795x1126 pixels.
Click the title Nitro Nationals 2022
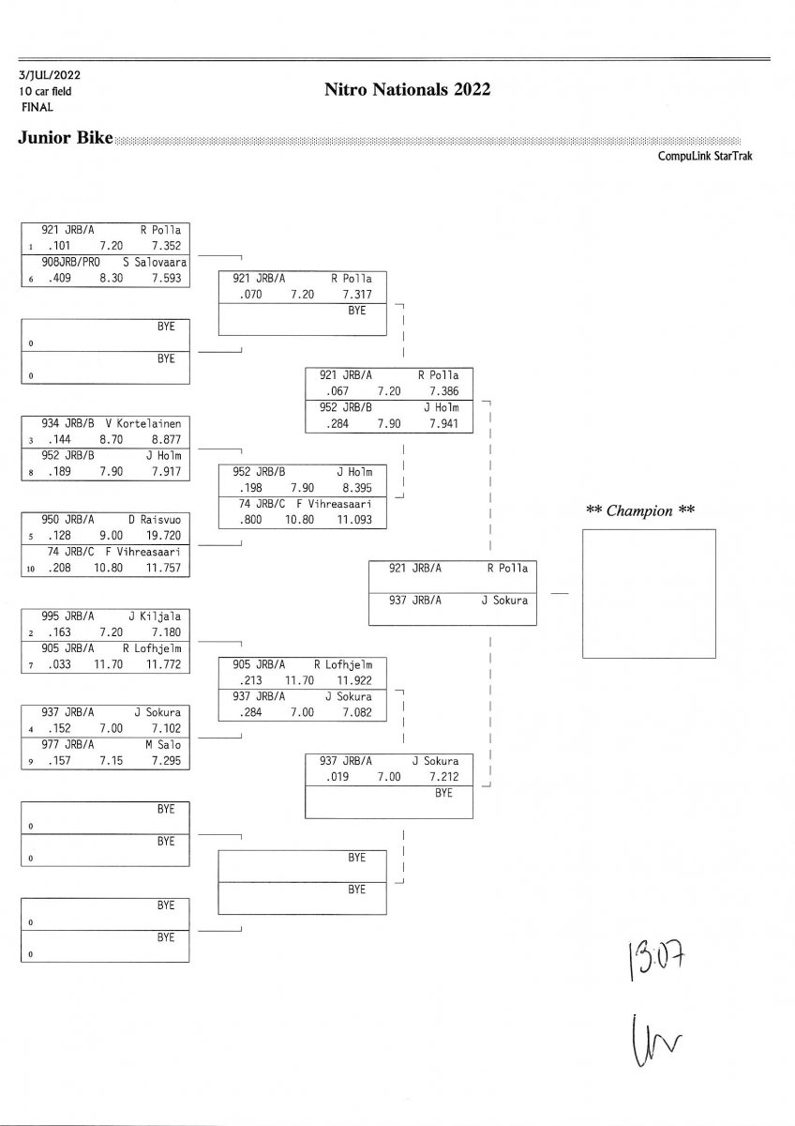coord(407,90)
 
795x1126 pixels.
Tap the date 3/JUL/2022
coord(48,75)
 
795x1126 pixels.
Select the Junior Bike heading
coord(65,139)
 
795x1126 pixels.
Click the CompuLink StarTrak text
coord(705,157)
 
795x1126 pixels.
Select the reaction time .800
coord(249,519)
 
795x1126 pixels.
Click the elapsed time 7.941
coord(443,423)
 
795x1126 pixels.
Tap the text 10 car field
coord(44,91)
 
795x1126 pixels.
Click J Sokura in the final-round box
coord(504,601)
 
